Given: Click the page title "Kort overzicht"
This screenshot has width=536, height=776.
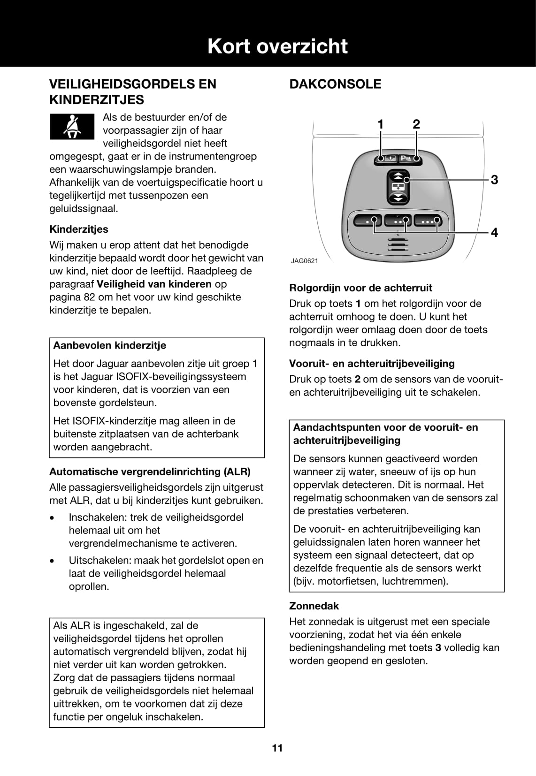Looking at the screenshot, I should pos(277,46).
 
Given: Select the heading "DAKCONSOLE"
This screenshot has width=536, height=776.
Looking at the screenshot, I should pos(335,84).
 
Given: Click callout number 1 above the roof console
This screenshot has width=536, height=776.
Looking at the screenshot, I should pos(381,124).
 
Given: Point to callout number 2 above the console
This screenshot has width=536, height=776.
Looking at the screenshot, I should pos(416,124).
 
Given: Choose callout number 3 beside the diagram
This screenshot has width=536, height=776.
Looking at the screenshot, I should pos(494,180).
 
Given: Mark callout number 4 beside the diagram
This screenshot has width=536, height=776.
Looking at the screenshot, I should pos(494,232).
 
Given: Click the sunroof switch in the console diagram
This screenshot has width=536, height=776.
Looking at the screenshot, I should pos(398,187).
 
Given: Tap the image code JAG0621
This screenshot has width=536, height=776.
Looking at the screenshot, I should pos(304,261).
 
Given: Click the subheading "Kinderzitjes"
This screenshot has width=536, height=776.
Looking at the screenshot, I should pos(79,229).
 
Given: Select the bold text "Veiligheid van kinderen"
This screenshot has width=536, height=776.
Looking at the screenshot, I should pos(154,284).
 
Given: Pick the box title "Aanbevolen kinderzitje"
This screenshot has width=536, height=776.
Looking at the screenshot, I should pos(110,346).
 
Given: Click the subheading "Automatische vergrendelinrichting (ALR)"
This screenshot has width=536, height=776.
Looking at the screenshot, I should pos(150,472).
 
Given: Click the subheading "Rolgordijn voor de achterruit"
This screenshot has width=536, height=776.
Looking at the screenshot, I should pos(360,288).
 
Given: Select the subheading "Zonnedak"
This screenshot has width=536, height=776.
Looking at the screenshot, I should pos(314,606).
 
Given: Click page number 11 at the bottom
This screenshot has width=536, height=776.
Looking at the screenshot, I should pos(277,748).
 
